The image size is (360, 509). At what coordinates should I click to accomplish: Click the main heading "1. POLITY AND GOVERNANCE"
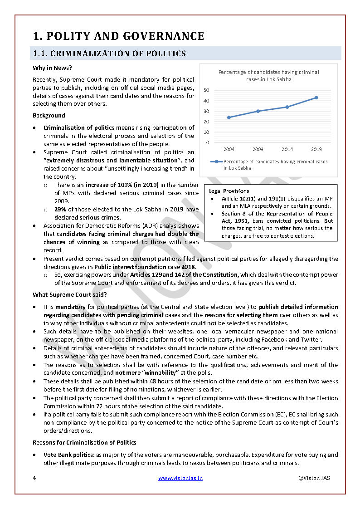118,36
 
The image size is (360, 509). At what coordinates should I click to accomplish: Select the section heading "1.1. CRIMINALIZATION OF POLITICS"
109,54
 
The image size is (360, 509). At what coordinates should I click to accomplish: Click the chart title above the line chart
268,75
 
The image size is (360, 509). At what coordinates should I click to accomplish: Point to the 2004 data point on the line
229,117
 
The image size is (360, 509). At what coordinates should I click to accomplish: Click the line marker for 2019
316,98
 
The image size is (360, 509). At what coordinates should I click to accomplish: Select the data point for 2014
287,107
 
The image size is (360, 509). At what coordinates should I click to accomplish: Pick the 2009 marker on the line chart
258,111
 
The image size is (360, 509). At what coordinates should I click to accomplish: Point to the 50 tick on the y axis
206,90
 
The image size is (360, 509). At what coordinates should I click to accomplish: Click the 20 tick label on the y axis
206,122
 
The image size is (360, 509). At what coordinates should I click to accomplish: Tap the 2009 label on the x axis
258,149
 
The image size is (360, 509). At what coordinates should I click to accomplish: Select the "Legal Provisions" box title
229,191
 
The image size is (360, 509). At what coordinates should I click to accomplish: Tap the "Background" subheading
49,115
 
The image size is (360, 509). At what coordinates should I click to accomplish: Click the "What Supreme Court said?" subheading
70,295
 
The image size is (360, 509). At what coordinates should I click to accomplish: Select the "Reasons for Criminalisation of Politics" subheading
84,442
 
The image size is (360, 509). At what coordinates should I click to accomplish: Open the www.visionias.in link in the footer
180,478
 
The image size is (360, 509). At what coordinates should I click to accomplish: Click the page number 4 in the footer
34,478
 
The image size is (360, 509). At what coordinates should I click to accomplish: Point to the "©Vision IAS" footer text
314,478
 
